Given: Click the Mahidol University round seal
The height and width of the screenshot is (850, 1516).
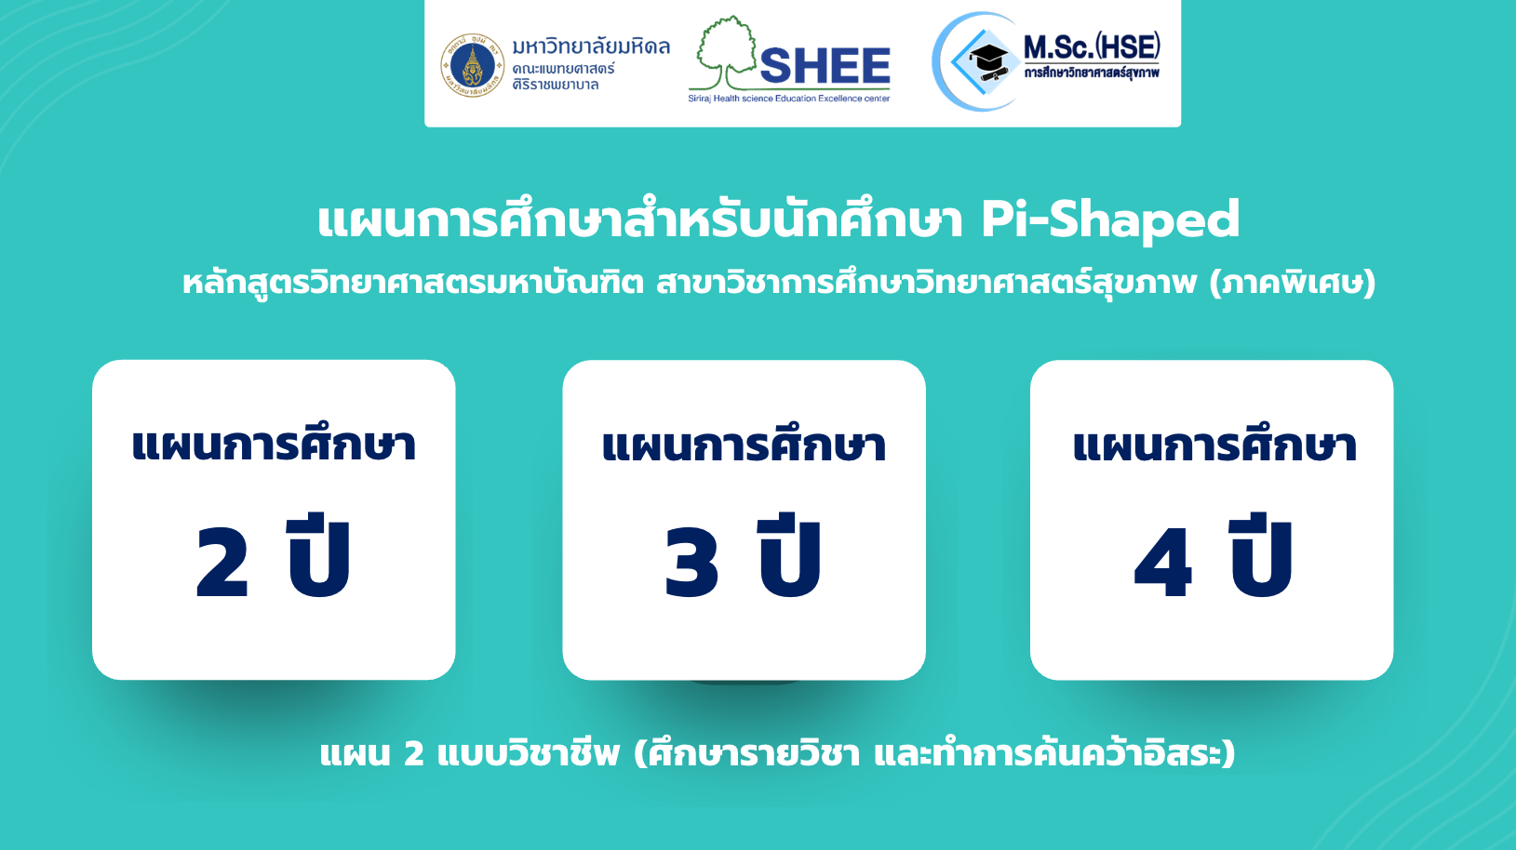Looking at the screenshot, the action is pyautogui.click(x=473, y=66).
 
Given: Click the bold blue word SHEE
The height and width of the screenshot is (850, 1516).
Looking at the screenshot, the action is pyautogui.click(x=825, y=66).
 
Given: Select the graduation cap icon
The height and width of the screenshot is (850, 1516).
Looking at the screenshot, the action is pyautogui.click(x=988, y=62).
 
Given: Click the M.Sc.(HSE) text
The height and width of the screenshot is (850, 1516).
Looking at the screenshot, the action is pyautogui.click(x=1092, y=47).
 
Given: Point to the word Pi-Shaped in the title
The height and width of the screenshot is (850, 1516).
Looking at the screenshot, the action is pyautogui.click(x=1110, y=220).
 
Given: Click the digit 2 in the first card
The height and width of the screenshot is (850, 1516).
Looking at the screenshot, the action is pyautogui.click(x=222, y=563).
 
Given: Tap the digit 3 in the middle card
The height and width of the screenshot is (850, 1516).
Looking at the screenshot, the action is pyautogui.click(x=691, y=563).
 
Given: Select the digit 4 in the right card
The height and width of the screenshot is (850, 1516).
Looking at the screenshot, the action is pyautogui.click(x=1162, y=563).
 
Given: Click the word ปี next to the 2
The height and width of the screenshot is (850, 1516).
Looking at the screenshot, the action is pyautogui.click(x=319, y=556).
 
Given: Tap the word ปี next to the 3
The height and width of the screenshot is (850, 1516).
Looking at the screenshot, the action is pyautogui.click(x=789, y=556).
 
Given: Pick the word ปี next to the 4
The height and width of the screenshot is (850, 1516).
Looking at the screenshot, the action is pyautogui.click(x=1261, y=556).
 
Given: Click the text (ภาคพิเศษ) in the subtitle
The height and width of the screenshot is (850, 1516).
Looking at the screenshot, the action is pyautogui.click(x=1293, y=283).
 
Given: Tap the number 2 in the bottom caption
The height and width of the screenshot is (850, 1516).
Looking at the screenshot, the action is pyautogui.click(x=413, y=754).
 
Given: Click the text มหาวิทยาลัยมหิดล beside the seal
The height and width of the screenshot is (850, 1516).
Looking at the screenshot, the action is pyautogui.click(x=591, y=46).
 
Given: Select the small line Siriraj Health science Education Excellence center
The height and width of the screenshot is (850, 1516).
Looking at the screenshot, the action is pyautogui.click(x=789, y=99).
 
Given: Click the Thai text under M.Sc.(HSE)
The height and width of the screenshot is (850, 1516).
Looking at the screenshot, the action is pyautogui.click(x=1092, y=73).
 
